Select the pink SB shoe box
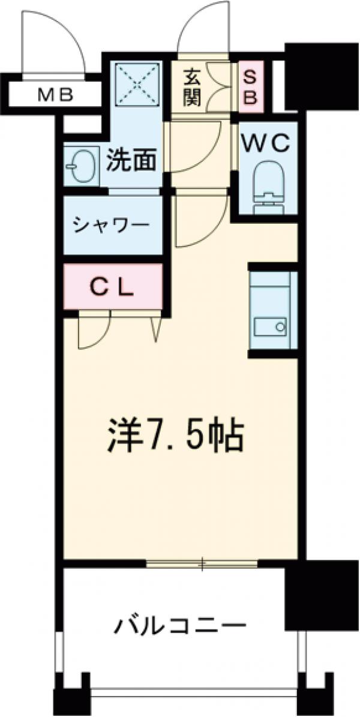tap(250, 87)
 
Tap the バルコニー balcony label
tap(180, 627)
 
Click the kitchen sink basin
tap(271, 327)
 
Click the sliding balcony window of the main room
tap(202, 563)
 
